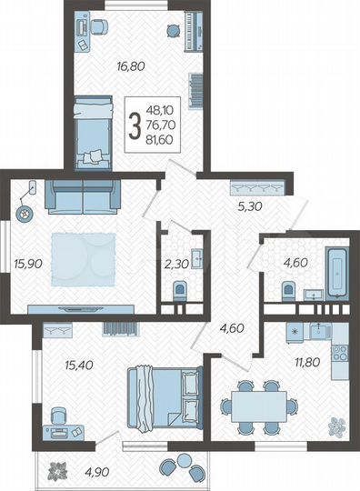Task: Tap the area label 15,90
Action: click(x=26, y=266)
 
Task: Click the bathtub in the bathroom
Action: click(x=337, y=267)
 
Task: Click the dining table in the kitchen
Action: click(x=252, y=401)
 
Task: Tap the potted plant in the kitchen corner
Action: click(x=337, y=424)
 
